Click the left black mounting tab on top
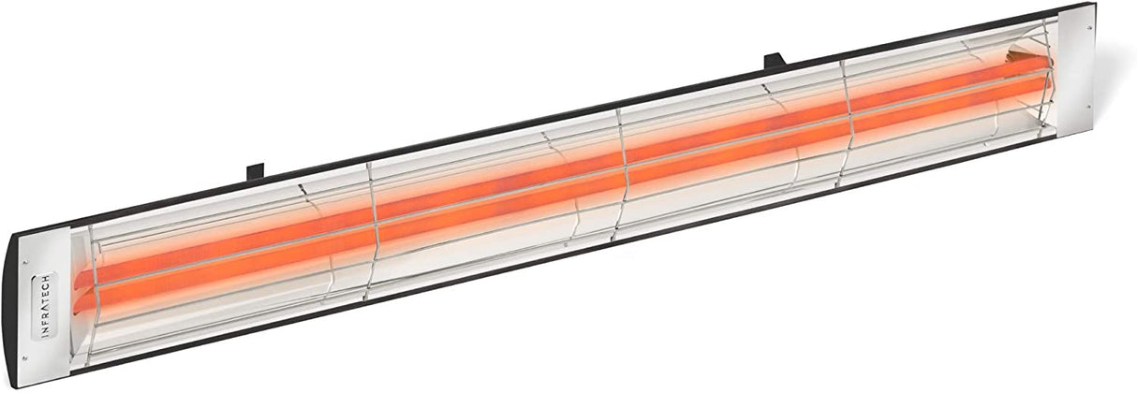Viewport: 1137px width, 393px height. pyautogui.click(x=255, y=171)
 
